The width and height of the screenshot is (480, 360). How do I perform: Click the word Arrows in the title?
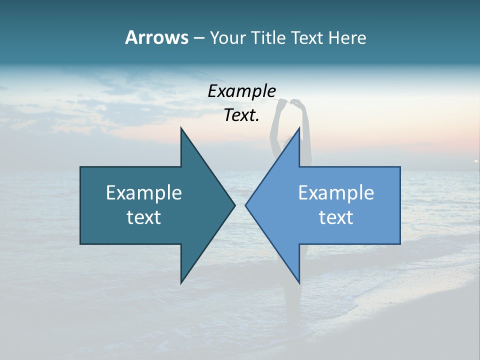[156, 37]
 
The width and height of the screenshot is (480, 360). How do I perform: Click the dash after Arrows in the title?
[198, 38]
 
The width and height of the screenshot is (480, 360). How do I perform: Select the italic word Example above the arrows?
[242, 91]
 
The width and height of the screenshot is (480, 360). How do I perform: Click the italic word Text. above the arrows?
[242, 115]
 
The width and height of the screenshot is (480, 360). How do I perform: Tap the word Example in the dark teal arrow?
[144, 192]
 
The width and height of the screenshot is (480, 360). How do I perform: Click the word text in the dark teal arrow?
[144, 217]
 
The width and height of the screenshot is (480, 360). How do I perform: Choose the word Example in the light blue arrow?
[336, 192]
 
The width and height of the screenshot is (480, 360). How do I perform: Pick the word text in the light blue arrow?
[336, 217]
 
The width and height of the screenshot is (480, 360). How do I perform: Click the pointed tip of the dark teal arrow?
[234, 205]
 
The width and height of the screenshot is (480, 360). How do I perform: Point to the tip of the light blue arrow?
[246, 205]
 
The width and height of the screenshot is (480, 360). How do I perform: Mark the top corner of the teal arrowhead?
[181, 128]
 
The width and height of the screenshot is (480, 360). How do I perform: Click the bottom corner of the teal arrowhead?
[181, 282]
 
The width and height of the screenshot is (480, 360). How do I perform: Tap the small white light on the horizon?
[476, 160]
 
